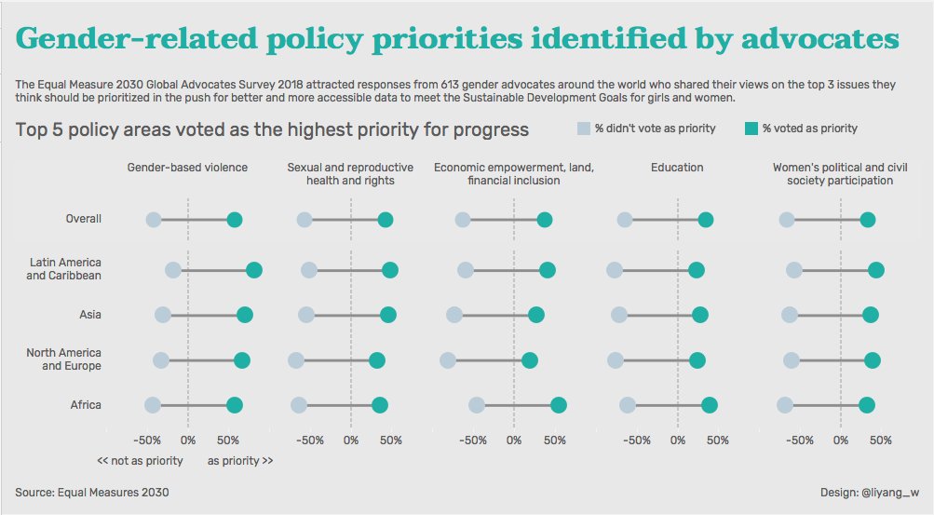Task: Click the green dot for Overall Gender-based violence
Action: pyautogui.click(x=235, y=220)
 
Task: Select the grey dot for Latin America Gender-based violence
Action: pyautogui.click(x=173, y=270)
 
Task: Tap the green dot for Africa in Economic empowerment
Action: pyautogui.click(x=558, y=404)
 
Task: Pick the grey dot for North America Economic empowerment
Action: pyautogui.click(x=448, y=360)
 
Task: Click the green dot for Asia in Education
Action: pyautogui.click(x=700, y=316)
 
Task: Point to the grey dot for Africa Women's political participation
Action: pyautogui.click(x=785, y=404)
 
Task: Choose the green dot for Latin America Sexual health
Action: pyautogui.click(x=390, y=270)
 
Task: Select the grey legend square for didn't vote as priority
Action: pyautogui.click(x=583, y=128)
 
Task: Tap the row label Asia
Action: pyautogui.click(x=90, y=316)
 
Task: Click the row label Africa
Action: pyautogui.click(x=86, y=405)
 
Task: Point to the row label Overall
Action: pyautogui.click(x=83, y=220)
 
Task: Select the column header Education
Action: pyautogui.click(x=677, y=168)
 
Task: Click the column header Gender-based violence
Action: pyautogui.click(x=187, y=168)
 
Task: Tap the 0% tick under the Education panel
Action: pyautogui.click(x=677, y=440)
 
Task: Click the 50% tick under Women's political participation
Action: pyautogui.click(x=880, y=440)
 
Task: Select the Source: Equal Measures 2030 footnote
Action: pyautogui.click(x=92, y=492)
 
